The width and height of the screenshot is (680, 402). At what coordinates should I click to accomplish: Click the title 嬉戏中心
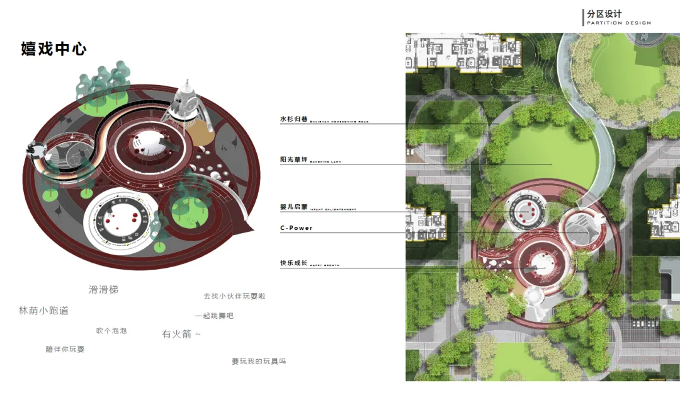pos(54,49)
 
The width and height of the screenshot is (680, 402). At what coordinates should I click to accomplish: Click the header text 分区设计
pos(604,14)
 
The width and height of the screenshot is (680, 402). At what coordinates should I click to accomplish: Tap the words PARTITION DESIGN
pos(618,23)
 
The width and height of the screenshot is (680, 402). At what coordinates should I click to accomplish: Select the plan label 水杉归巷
pos(293,118)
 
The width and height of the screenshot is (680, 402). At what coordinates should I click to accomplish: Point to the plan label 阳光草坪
pos(293,159)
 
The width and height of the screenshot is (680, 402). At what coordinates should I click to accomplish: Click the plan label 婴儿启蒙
pos(293,206)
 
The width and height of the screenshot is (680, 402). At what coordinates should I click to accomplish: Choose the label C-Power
pos(296,228)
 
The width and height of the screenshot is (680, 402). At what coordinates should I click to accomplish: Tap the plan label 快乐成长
pos(293,262)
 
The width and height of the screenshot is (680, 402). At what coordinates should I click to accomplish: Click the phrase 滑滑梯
pos(103,290)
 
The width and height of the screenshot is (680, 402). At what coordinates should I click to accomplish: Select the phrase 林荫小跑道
pos(43,311)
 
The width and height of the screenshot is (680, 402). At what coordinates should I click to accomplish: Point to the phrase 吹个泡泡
pos(111,331)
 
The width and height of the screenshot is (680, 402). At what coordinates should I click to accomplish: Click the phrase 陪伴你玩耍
pos(65,349)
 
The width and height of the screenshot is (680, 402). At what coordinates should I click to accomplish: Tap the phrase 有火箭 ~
pos(181,335)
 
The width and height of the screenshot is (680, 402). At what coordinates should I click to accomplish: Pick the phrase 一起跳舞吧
pos(214,316)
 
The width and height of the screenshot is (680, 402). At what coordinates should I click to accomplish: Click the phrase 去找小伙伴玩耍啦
pos(234,296)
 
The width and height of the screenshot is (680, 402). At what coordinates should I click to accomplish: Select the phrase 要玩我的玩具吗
pos(259,361)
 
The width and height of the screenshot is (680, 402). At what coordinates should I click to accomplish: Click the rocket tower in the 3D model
pos(184,104)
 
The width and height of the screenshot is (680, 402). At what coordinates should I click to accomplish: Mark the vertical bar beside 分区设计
pos(583,17)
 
